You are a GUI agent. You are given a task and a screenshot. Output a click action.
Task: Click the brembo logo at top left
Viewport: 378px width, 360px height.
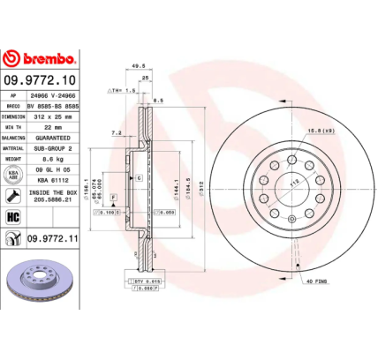(x=42, y=59)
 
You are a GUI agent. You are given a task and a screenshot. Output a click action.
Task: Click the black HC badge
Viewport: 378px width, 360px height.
(x=14, y=216)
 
